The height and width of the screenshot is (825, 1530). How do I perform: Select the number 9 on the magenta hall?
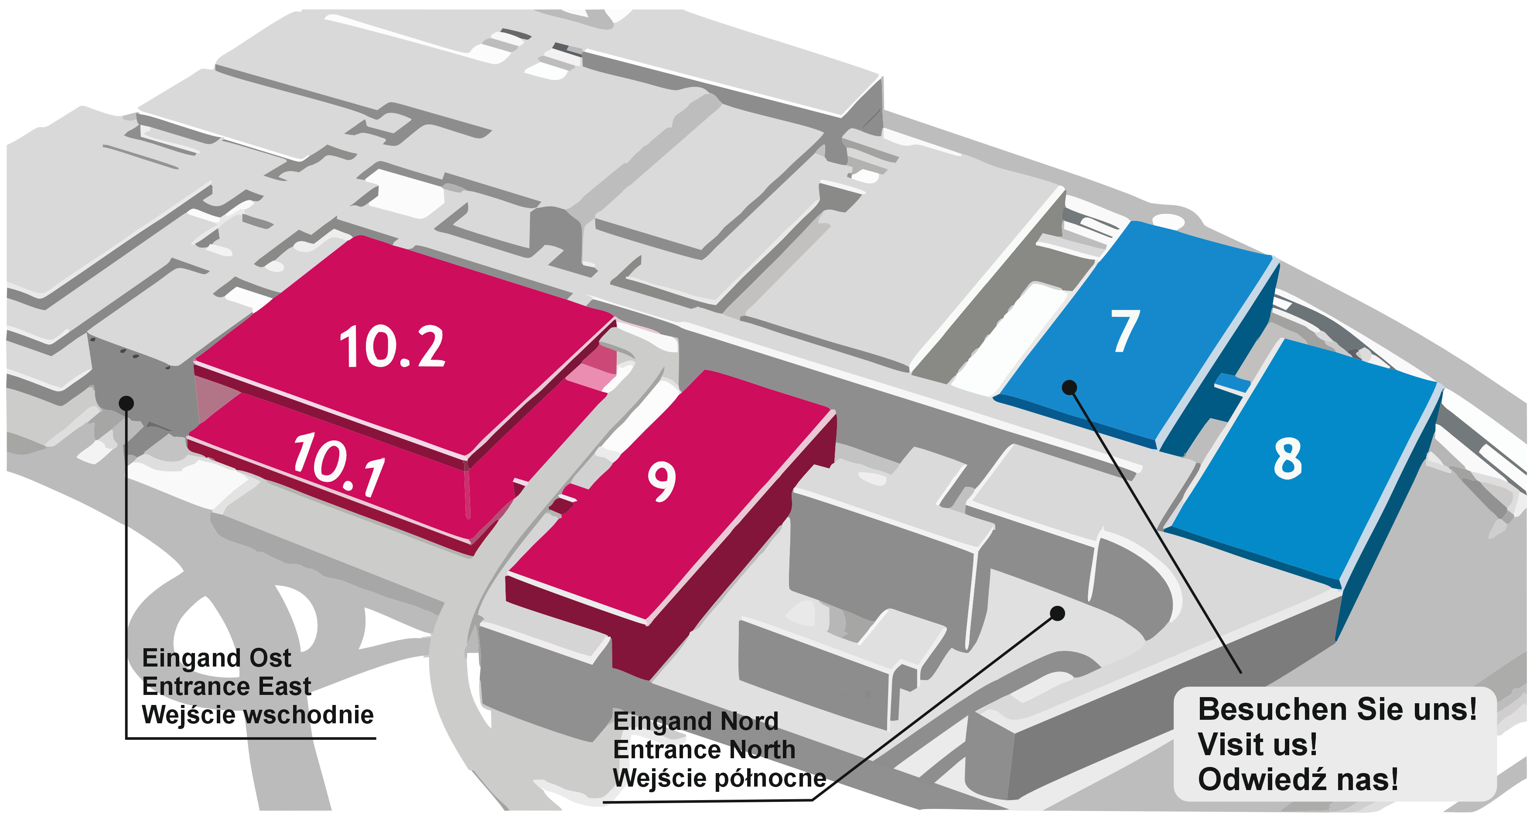click(x=661, y=482)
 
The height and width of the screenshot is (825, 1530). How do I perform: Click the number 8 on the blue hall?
click(x=1288, y=458)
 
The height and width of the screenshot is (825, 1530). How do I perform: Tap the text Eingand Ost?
click(x=217, y=658)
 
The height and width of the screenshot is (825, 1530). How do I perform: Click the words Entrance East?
click(x=226, y=687)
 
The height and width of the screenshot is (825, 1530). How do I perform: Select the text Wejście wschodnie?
click(x=258, y=715)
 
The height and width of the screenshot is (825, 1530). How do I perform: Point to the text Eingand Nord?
click(x=696, y=722)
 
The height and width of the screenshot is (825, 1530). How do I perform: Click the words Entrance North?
click(x=704, y=749)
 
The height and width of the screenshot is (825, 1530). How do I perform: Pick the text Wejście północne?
click(x=719, y=778)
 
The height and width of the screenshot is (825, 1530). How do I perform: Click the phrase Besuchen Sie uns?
click(x=1337, y=709)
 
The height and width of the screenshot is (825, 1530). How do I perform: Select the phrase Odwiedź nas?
click(x=1298, y=779)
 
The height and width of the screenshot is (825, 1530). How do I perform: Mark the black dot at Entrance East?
click(x=126, y=403)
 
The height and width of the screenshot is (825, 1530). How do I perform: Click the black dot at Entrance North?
click(x=1057, y=613)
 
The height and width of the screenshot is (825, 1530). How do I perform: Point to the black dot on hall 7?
click(x=1069, y=388)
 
